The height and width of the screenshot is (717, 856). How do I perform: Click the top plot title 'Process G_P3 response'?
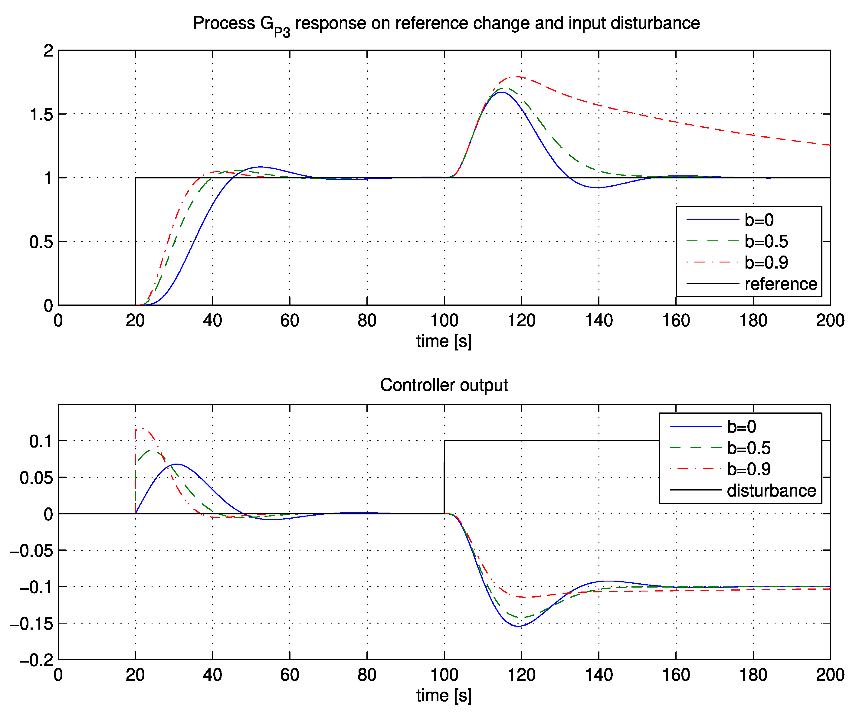click(446, 24)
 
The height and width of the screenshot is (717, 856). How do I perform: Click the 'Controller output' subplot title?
click(444, 385)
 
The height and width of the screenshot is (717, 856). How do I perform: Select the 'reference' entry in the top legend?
click(781, 284)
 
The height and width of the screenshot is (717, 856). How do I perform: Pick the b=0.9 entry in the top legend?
click(766, 263)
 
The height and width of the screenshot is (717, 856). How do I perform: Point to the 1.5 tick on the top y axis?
click(41, 115)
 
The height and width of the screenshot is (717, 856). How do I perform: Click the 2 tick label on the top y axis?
click(48, 51)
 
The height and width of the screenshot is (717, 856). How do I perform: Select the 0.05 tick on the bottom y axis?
click(36, 478)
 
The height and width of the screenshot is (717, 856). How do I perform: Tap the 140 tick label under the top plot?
click(599, 321)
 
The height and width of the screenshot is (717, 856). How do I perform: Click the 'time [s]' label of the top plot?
click(444, 341)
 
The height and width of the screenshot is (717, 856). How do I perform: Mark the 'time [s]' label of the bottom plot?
click(444, 696)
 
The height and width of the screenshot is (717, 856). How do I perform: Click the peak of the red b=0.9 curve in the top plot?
click(518, 77)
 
